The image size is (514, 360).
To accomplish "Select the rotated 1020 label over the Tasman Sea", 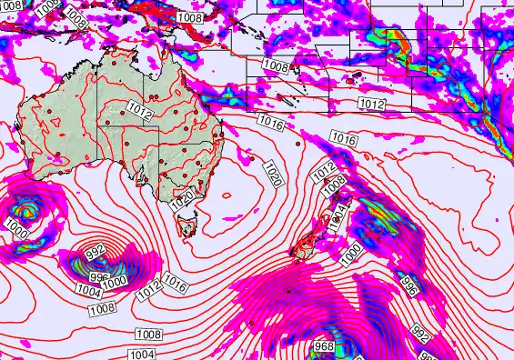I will [x=272, y=174].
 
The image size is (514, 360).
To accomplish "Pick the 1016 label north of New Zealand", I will [x=343, y=139].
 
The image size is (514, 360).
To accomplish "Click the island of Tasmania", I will [x=188, y=222].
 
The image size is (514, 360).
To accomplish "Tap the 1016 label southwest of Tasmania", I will [x=176, y=285].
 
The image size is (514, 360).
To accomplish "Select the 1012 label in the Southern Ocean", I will [x=150, y=292].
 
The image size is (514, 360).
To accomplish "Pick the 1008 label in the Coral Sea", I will [x=276, y=66].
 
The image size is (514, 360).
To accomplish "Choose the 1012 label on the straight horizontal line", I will [x=371, y=104].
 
